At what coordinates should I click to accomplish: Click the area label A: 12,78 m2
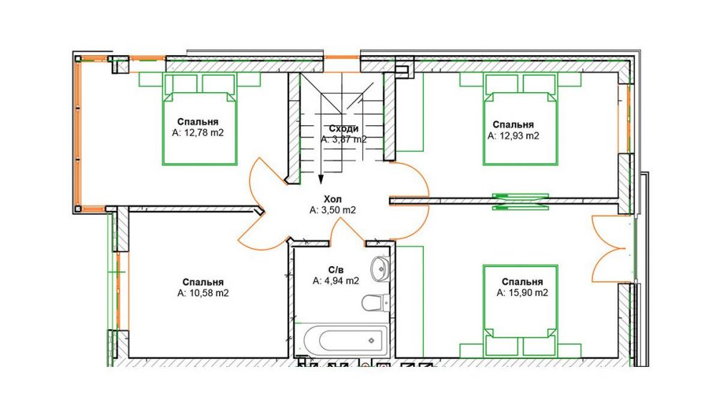point(198,133)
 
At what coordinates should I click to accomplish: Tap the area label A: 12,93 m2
point(513,136)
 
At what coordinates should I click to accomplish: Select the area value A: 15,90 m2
point(523,293)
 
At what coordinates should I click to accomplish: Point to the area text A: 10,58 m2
point(203,293)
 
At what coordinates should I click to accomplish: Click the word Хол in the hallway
point(332,200)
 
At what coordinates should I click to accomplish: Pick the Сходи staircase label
point(344,129)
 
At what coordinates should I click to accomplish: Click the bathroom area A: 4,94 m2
point(336,281)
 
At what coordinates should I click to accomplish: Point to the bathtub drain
point(371,340)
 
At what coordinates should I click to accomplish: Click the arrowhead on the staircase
point(321,179)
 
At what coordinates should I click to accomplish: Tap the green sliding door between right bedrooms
point(520,201)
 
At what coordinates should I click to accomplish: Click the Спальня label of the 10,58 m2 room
point(203,283)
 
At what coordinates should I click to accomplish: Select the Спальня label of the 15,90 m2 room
point(523,282)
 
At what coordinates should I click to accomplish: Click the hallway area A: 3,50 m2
point(332,210)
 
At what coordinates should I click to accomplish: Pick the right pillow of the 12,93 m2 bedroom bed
point(540,84)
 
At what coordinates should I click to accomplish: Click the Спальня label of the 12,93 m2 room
point(513,124)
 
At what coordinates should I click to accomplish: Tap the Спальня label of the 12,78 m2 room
point(198,122)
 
